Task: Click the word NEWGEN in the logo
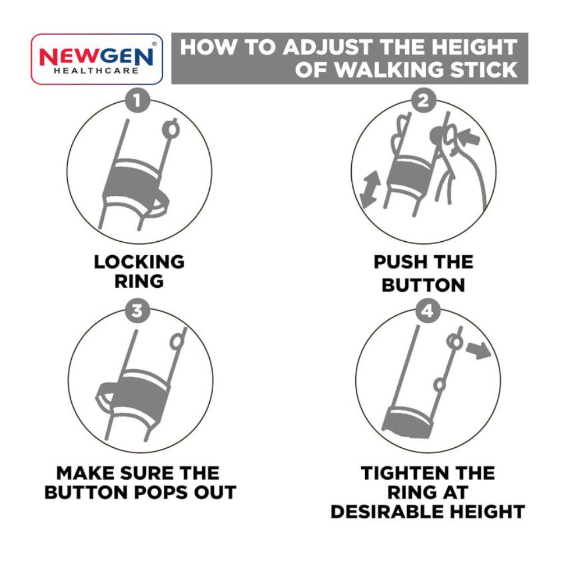[x=96, y=57]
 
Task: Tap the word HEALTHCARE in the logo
[x=96, y=71]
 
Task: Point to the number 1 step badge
[x=137, y=100]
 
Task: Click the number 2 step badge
[x=423, y=100]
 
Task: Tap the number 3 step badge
[x=137, y=311]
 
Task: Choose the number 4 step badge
[x=427, y=311]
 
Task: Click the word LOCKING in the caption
[x=139, y=262]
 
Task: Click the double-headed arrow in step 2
[x=370, y=189]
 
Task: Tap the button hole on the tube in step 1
[x=171, y=130]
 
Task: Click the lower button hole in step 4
[x=439, y=385]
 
